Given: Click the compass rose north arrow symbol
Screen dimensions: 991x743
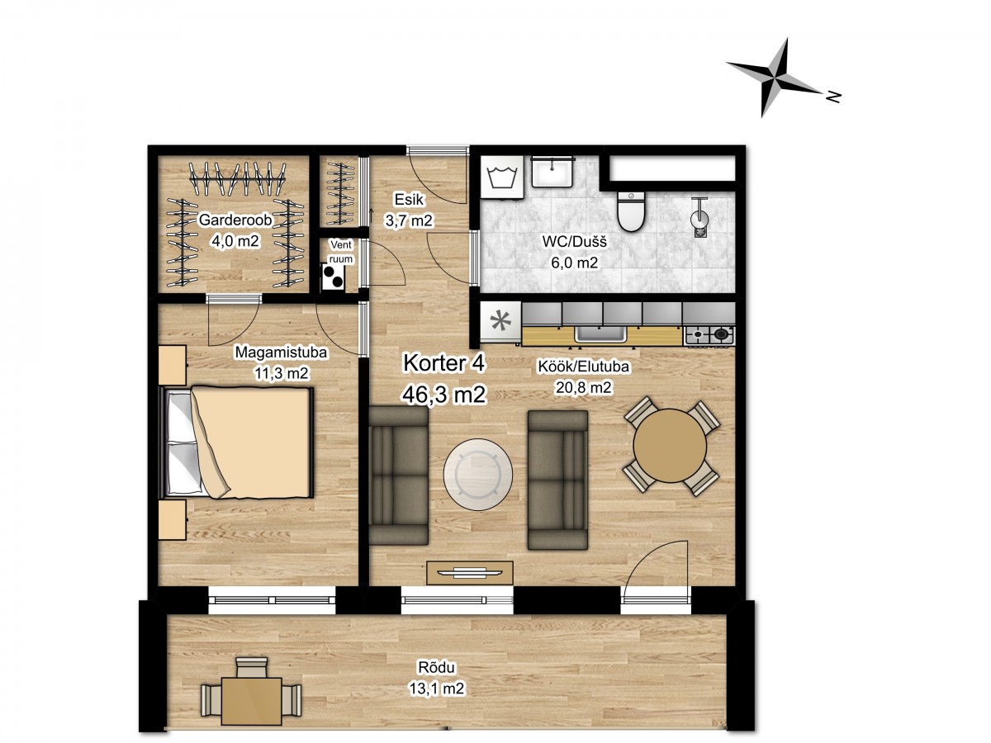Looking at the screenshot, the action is coord(777,78).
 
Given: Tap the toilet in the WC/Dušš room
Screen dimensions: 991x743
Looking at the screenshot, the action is coord(630,211).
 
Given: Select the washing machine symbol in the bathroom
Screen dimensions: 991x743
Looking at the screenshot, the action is coord(501,177).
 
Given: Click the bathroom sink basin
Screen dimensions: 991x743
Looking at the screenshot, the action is coord(552,171).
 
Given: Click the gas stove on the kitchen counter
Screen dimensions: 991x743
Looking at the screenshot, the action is coord(709,335).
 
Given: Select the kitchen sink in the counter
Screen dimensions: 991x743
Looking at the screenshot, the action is coord(600,334).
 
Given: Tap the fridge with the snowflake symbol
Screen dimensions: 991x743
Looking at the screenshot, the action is coord(500,323).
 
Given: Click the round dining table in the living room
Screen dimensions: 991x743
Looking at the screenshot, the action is coord(670,445).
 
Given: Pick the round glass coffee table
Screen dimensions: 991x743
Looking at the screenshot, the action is coord(477,475).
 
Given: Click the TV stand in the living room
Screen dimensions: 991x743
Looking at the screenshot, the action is coord(470,573).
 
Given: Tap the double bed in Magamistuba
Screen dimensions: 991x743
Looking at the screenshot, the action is coord(237,442).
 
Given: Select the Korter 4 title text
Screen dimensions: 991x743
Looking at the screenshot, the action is coord(443,363).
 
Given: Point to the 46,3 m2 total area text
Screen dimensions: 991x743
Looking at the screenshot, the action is coord(443,395).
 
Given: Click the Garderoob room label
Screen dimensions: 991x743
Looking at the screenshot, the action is coord(235,220).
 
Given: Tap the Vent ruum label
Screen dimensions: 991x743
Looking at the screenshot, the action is coord(341,252).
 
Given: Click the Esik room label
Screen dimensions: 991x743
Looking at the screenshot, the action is coord(409,200).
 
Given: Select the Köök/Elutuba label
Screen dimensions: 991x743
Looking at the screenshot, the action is coord(583,367).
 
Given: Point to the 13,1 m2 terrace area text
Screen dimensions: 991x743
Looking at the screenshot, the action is coord(436,689).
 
